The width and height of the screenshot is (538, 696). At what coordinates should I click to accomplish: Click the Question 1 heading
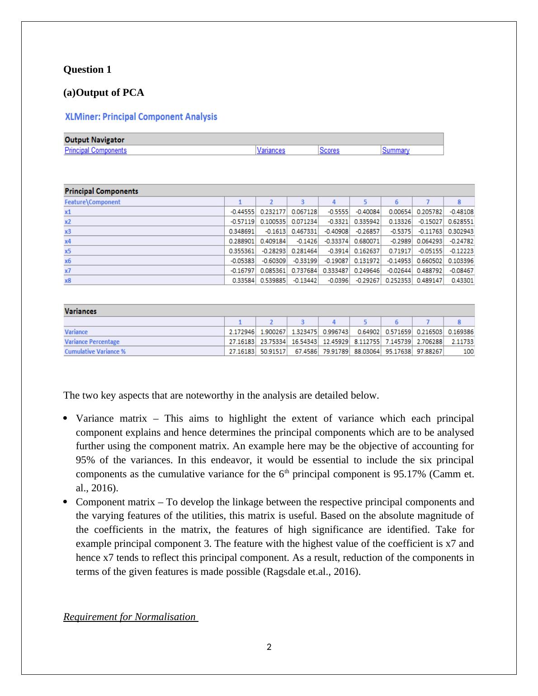(87, 70)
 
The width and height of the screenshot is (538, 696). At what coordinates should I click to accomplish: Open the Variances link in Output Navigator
(271, 150)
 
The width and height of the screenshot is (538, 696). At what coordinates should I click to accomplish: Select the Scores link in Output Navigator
(329, 150)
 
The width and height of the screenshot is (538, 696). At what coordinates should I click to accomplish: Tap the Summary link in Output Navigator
(396, 150)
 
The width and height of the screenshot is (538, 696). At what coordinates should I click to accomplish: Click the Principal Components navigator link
(95, 150)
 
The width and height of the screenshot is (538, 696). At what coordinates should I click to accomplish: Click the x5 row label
(68, 251)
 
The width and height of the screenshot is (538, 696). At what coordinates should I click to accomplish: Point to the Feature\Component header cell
(92, 202)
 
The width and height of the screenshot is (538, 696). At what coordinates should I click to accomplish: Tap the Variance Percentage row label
(92, 342)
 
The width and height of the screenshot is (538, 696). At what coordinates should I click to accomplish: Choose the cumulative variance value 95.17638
(398, 352)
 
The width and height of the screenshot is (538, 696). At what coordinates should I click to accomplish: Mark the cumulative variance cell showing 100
(468, 352)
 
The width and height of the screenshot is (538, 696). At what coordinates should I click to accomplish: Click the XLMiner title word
(82, 117)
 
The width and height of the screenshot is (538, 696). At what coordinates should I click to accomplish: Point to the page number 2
(269, 647)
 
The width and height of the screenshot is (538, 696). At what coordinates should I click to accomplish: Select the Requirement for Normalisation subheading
(130, 617)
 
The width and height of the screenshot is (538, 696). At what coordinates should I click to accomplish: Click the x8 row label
(68, 281)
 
